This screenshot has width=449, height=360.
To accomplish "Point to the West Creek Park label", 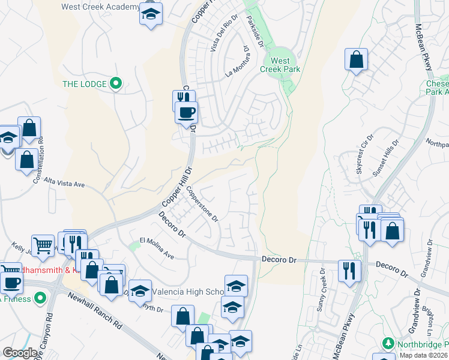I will pyautogui.click(x=280, y=65).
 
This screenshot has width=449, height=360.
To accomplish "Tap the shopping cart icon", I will pyautogui.click(x=43, y=245).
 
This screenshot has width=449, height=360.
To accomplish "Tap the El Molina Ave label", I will pyautogui.click(x=157, y=248).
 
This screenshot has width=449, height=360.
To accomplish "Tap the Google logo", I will pyautogui.click(x=20, y=353).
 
